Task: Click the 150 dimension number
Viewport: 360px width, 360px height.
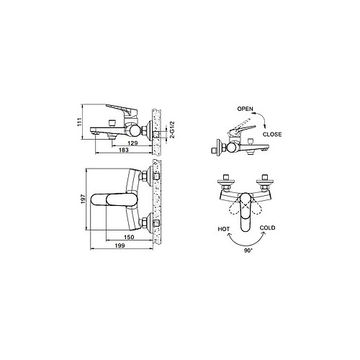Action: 129,237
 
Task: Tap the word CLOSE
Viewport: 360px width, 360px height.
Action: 272,135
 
